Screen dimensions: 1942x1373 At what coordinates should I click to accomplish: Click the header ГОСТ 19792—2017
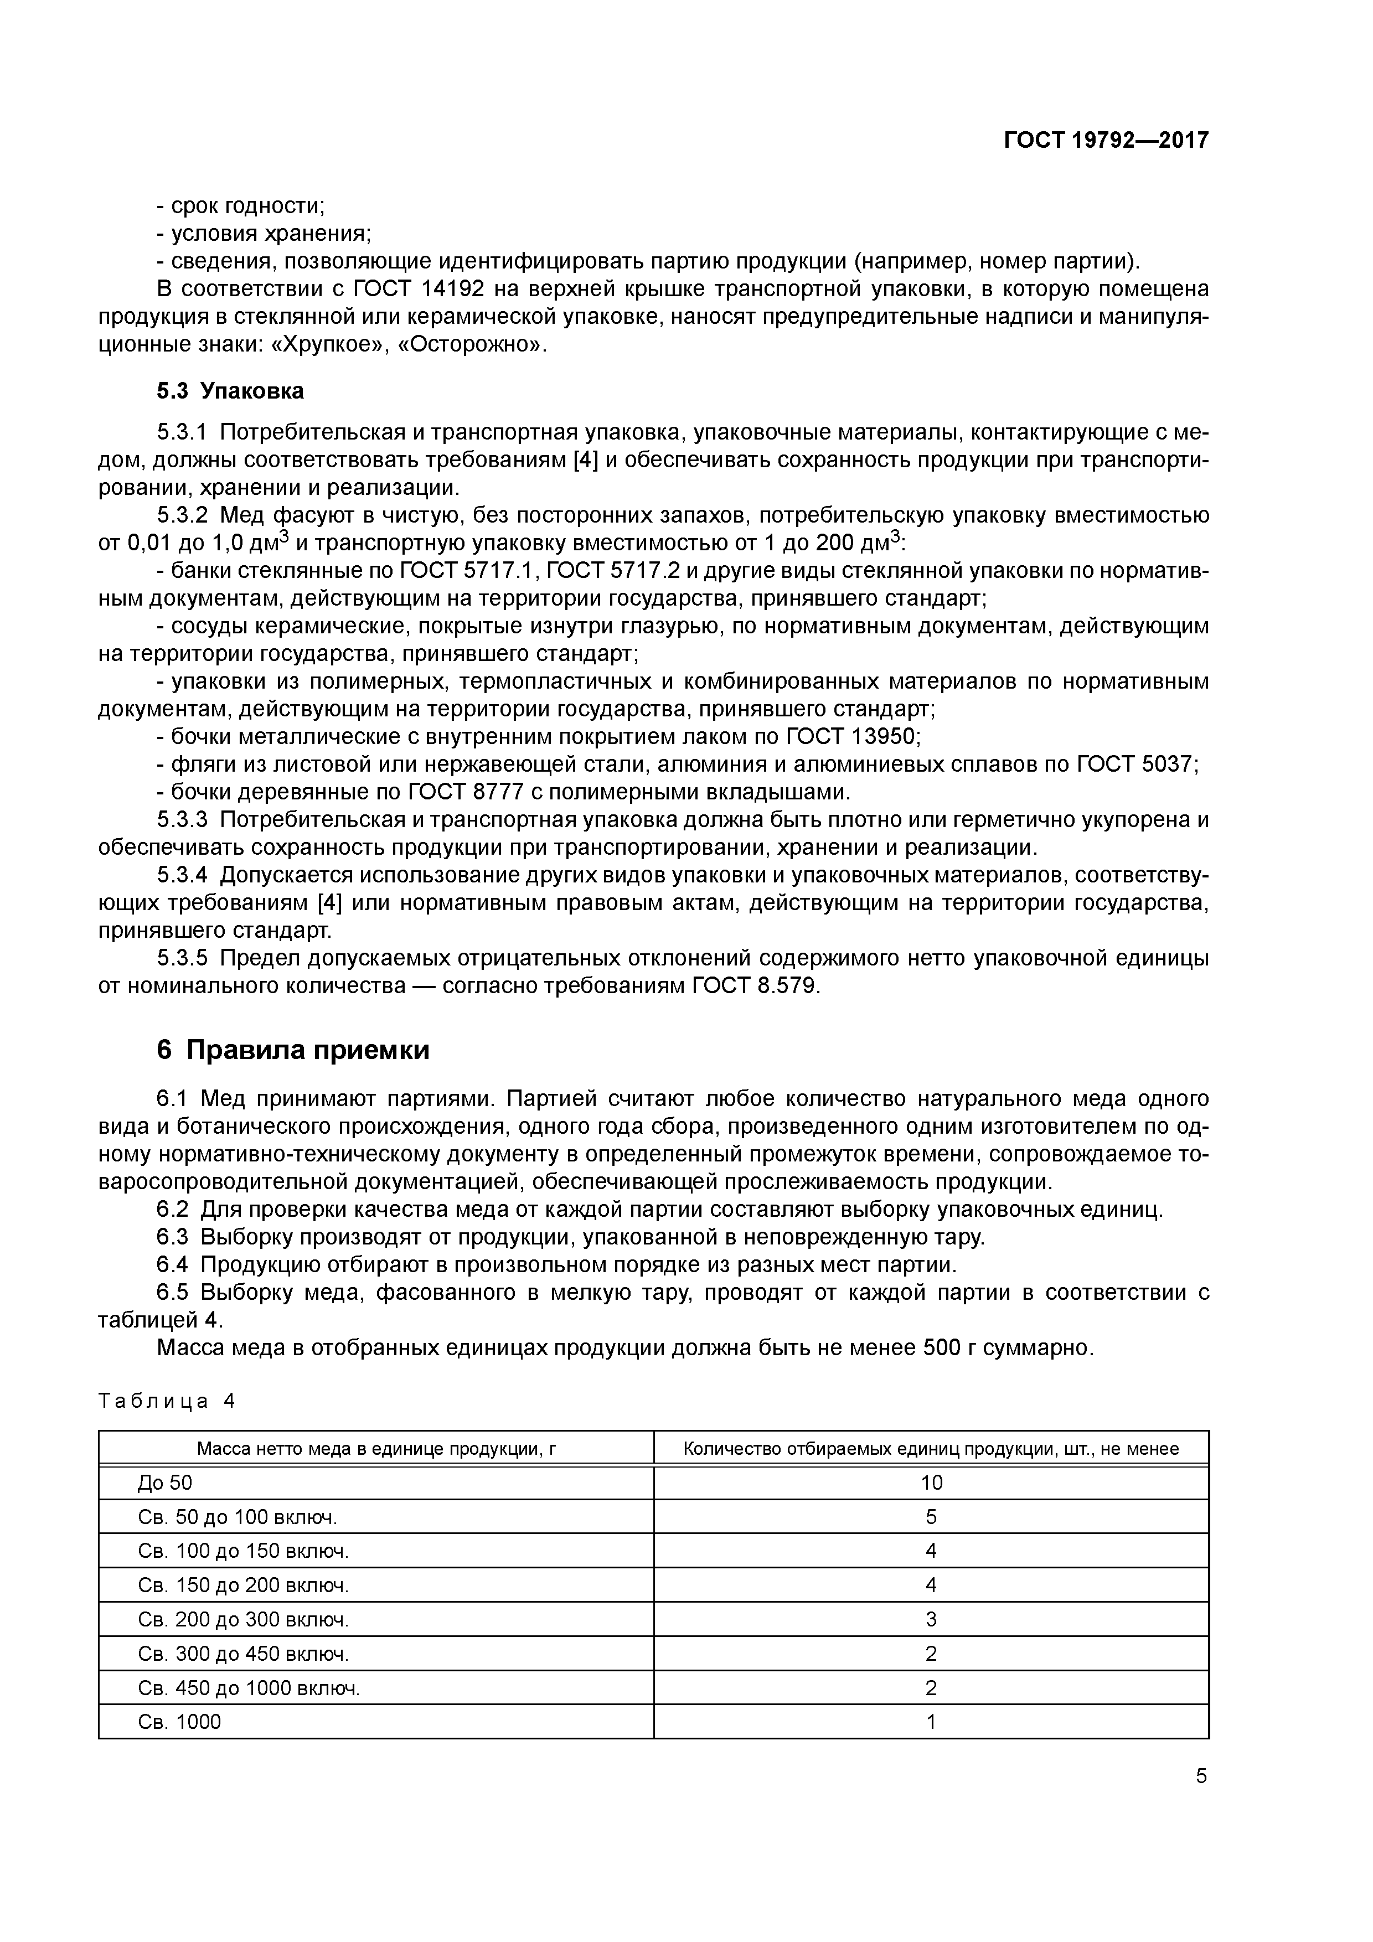pos(1106,140)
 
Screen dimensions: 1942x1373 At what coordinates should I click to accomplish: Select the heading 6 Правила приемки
pos(293,1050)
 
